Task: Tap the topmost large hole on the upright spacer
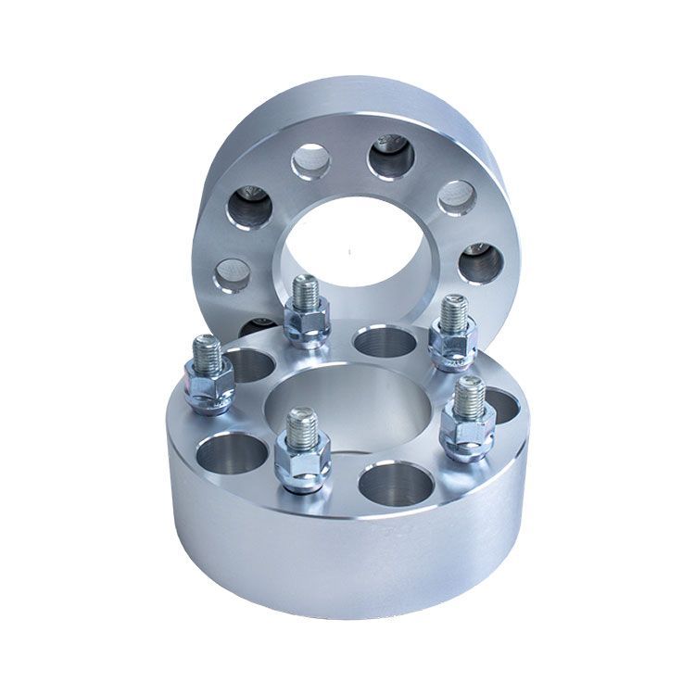(x=391, y=158)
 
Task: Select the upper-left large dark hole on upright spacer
(x=249, y=207)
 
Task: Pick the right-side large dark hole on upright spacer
(x=481, y=263)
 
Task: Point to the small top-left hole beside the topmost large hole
(x=311, y=162)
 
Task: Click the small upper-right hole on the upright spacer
(x=456, y=196)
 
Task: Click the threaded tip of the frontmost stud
(x=302, y=425)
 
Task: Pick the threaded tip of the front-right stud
(x=469, y=397)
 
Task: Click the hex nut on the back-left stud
(x=308, y=324)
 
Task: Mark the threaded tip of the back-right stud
(x=453, y=312)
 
